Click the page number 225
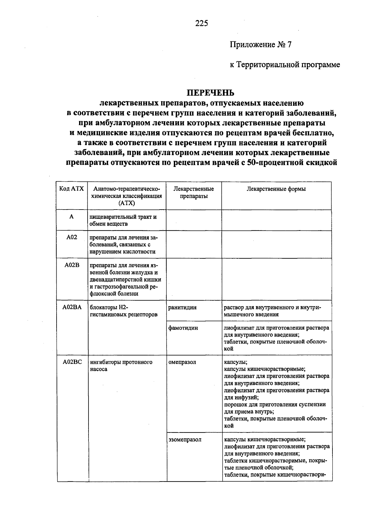pos(202,23)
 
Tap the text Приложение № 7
pos(260,45)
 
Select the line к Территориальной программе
pos(285,65)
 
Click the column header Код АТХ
pos(71,189)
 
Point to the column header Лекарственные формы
pos(276,189)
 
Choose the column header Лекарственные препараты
pos(194,193)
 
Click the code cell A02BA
pos(72,307)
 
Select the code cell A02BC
pos(72,362)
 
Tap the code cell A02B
pos(72,265)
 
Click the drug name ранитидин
pos(182,307)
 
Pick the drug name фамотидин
pos(183,328)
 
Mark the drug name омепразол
pos(182,362)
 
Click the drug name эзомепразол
pos(185,440)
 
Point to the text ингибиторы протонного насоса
pos(121,366)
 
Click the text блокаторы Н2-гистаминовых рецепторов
pos(123,311)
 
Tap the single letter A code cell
pos(71,217)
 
